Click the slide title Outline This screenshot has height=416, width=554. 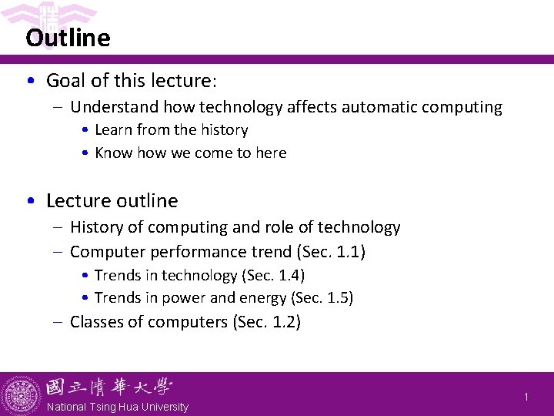pos(68,38)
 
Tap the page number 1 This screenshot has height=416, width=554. pos(526,397)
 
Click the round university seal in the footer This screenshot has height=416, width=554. pos(22,394)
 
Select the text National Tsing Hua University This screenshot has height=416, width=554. pos(117,407)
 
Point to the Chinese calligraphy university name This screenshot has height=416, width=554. pos(108,387)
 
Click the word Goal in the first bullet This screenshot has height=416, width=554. pos(67,81)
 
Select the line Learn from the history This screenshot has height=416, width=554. pos(171,130)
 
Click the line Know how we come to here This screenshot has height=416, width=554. pos(190,153)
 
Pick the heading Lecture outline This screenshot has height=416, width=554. pos(112,201)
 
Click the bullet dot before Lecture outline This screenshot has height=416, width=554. pos(29,201)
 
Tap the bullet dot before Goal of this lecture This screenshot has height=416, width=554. pos(29,81)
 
